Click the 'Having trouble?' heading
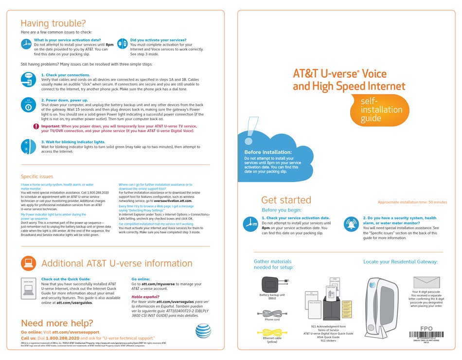[x=53, y=23]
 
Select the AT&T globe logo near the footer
[x=203, y=332]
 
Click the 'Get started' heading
[x=286, y=200]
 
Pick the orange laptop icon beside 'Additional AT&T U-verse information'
[x=28, y=263]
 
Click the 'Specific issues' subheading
[x=37, y=177]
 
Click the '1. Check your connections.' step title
[x=66, y=75]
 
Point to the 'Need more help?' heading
[x=57, y=323]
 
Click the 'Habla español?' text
[x=145, y=296]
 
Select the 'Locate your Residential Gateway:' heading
[x=400, y=262]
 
